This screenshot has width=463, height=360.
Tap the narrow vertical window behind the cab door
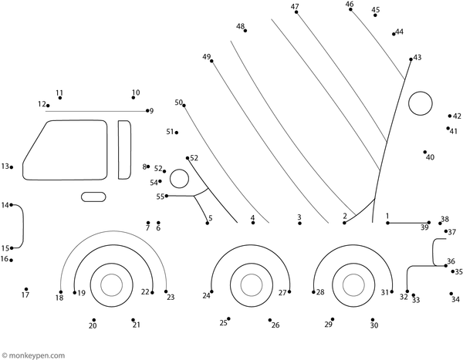pos(124,149)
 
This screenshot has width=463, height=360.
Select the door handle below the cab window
pos(93,197)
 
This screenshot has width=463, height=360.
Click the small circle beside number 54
pos(179,180)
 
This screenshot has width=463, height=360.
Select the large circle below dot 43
pos(421,103)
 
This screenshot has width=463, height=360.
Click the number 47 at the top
pos(296,7)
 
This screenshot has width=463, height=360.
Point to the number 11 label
pos(59,93)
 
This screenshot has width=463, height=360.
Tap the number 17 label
pos(25,295)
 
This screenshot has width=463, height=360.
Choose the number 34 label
pos(456,299)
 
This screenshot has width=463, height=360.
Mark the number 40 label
pos(430,157)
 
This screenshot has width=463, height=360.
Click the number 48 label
pos(241,27)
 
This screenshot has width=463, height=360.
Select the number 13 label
pos(5,167)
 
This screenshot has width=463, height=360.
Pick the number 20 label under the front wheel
pos(93,326)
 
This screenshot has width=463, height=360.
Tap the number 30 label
pos(374,325)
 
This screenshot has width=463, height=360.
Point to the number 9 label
pos(151,111)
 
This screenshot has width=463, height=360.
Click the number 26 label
pos(275,325)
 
